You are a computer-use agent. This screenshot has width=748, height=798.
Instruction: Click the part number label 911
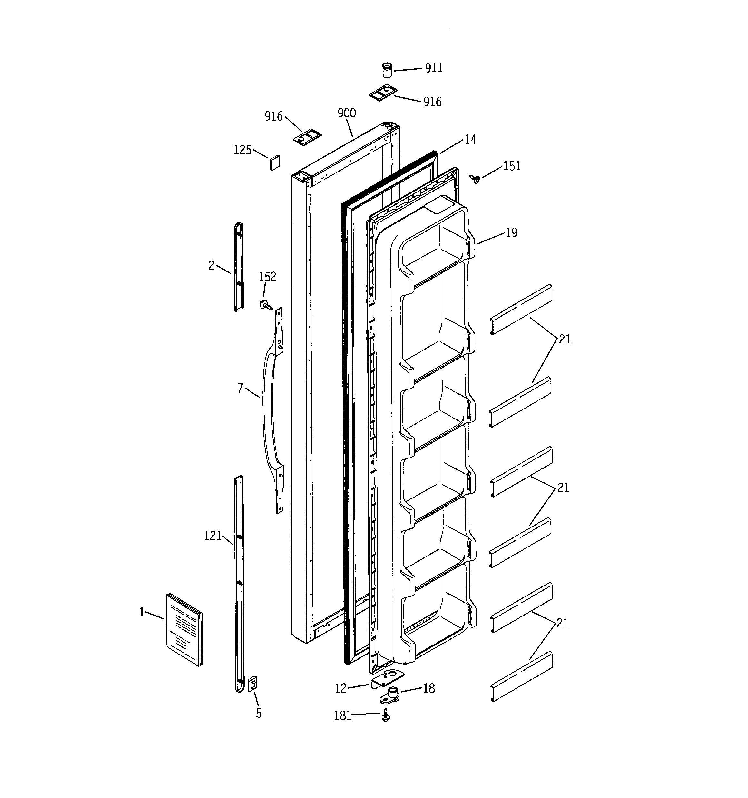[434, 68]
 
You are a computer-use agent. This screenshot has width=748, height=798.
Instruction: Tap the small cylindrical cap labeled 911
[386, 71]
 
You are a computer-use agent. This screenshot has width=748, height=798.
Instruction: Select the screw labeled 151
[476, 179]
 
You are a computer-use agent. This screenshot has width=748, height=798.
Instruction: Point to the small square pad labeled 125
[275, 162]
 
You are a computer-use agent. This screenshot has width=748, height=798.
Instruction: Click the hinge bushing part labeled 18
[390, 695]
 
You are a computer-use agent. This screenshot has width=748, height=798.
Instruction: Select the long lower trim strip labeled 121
[239, 582]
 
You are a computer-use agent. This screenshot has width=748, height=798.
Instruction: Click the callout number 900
[347, 113]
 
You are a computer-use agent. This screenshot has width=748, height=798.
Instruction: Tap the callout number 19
[511, 232]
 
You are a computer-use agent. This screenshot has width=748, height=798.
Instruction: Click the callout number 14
[470, 139]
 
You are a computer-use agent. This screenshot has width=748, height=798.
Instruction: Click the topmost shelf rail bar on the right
[521, 309]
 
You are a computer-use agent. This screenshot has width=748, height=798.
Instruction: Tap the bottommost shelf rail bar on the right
[521, 676]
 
